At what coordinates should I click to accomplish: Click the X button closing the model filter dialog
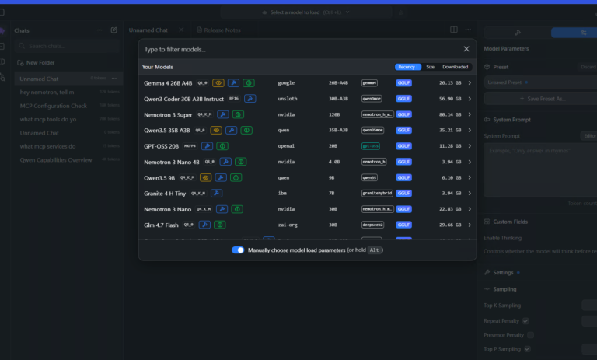coord(466,49)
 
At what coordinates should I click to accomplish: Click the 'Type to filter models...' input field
coord(295,49)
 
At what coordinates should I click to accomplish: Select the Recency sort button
coord(407,67)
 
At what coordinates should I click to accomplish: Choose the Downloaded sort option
coord(456,67)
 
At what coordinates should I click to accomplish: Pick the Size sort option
coord(430,67)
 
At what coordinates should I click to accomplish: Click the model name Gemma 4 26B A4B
coord(167,82)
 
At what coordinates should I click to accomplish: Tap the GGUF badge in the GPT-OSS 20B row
coord(404,145)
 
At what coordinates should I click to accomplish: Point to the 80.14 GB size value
coord(449,114)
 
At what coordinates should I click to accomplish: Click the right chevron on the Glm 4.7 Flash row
coord(469,225)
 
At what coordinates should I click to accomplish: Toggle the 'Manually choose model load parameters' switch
coord(239,250)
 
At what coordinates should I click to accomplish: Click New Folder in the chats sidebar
coord(40,62)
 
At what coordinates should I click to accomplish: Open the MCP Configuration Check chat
coord(54,106)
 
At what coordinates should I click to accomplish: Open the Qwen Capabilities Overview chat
coord(56,159)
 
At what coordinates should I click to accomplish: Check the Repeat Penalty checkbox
coord(526,320)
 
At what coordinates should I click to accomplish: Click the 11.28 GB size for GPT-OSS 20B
coord(449,145)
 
